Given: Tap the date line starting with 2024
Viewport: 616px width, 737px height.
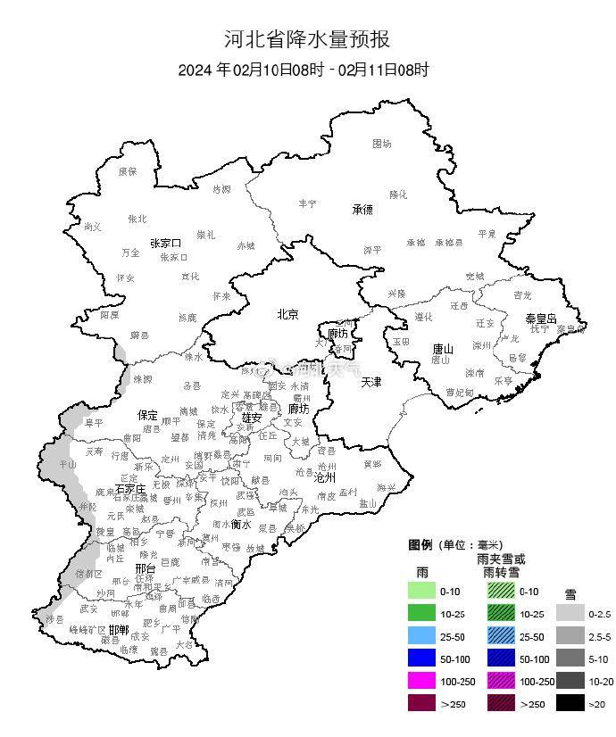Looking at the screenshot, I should [x=304, y=70].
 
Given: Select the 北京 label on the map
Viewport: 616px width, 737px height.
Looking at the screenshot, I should [x=287, y=314].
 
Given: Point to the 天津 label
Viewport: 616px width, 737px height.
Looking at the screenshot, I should [x=370, y=382].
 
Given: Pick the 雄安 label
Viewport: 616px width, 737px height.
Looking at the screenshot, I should [x=252, y=417].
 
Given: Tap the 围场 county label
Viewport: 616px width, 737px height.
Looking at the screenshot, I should [x=382, y=143].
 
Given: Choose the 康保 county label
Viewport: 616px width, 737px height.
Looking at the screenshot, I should [x=128, y=171].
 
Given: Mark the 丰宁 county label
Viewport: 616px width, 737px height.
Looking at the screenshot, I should [x=307, y=203].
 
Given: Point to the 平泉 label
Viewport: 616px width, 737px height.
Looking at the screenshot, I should [x=487, y=233].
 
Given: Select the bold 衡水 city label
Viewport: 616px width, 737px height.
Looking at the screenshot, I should [x=241, y=525].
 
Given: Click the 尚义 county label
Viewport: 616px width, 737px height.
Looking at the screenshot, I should [x=92, y=227].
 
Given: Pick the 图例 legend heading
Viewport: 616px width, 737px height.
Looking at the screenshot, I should [x=420, y=545].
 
